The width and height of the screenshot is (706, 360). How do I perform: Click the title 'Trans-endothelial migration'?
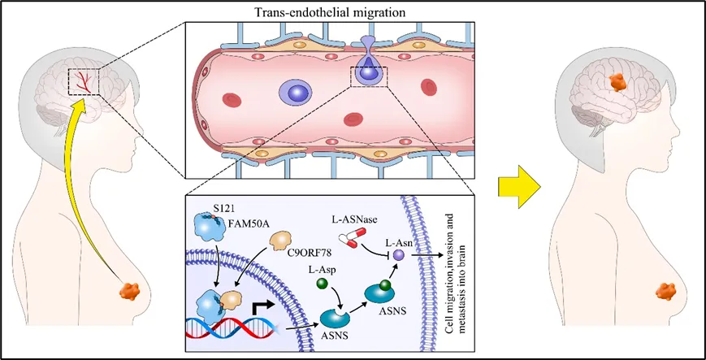331,12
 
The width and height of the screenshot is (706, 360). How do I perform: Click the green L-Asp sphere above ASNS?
322,284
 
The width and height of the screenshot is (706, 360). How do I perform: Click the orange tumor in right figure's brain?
617,81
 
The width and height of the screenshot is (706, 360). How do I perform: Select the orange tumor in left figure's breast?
130,291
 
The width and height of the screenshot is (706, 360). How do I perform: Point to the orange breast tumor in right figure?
666,291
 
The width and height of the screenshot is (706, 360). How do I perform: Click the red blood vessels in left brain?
84,81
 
